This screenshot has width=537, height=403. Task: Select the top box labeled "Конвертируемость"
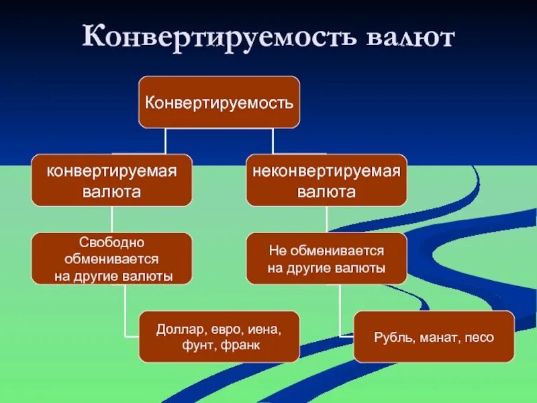[x=219, y=102]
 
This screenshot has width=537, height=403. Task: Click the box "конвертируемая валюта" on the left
[x=111, y=180]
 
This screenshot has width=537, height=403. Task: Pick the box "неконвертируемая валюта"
[x=326, y=180]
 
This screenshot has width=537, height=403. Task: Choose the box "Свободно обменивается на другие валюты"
[x=111, y=259]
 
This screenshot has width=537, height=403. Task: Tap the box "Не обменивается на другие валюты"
[x=326, y=259]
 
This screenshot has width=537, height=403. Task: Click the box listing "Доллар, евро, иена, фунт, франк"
[x=219, y=337]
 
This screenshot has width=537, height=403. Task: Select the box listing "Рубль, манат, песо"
[x=434, y=337]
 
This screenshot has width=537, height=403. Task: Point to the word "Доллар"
[x=178, y=329]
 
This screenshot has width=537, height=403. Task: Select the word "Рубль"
[x=391, y=337]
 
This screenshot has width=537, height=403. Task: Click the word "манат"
[x=432, y=337]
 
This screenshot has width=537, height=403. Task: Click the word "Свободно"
[x=111, y=241]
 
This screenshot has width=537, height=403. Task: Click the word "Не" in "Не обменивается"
[x=277, y=251]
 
